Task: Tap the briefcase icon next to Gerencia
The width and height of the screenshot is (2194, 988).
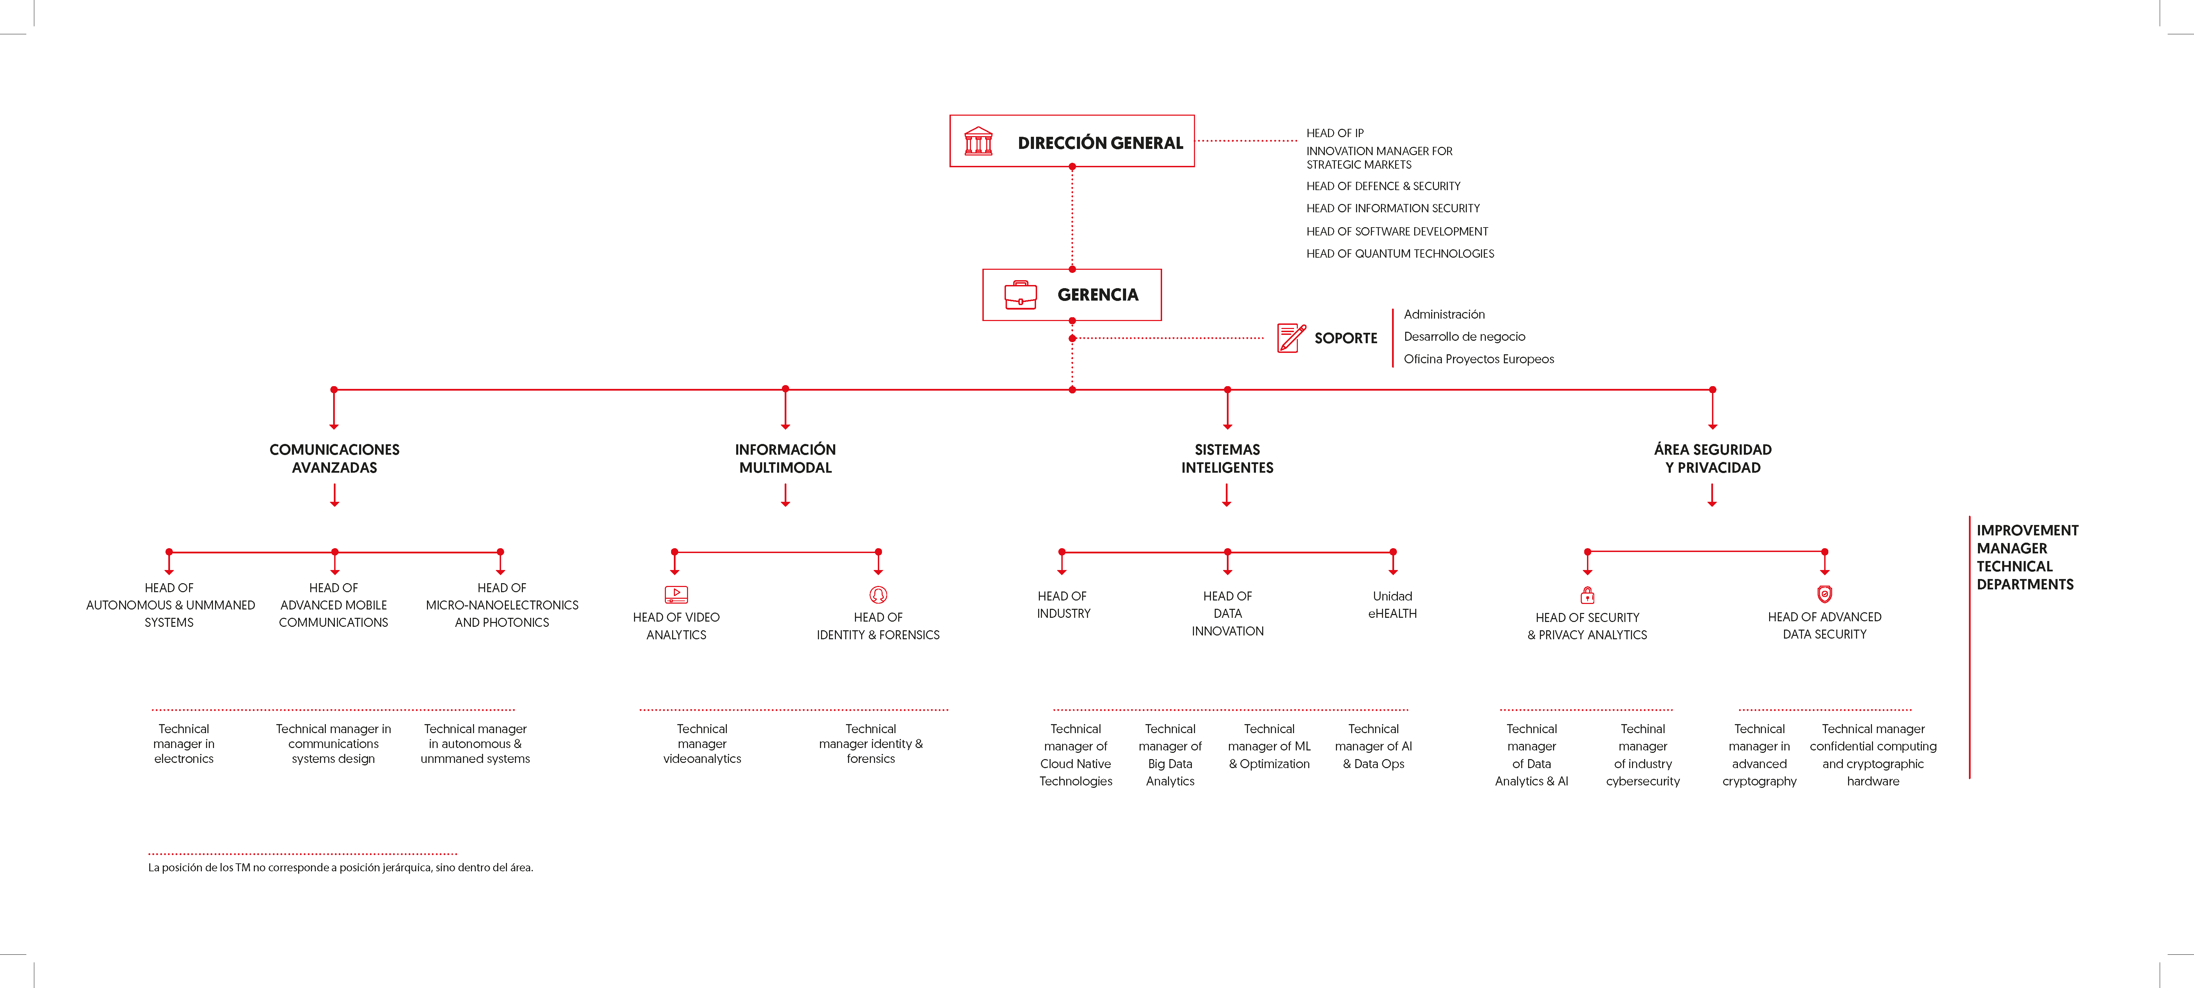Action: [x=1020, y=295]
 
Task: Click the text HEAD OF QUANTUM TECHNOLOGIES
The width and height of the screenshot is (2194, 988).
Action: [x=1400, y=254]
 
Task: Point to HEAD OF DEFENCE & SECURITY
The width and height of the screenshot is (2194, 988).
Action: [x=1383, y=186]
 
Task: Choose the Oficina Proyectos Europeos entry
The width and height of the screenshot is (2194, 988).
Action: [x=1479, y=359]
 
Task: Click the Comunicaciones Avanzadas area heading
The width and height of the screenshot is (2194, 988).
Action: [x=335, y=458]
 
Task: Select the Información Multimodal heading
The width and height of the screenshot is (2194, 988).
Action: [x=785, y=458]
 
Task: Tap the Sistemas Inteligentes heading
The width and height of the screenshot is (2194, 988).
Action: [x=1227, y=458]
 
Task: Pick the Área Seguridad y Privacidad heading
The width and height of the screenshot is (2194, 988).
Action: [x=1713, y=458]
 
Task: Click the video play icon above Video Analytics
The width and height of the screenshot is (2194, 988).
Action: [x=676, y=595]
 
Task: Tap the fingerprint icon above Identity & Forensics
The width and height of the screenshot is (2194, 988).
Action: [x=878, y=595]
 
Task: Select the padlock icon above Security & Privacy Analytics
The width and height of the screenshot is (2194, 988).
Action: [x=1588, y=595]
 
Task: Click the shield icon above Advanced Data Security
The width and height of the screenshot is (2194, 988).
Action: [x=1825, y=594]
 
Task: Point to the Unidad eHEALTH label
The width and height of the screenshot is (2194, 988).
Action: [x=1392, y=605]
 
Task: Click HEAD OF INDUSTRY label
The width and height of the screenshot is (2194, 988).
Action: [x=1063, y=605]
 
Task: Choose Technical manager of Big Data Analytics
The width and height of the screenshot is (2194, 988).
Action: [x=1170, y=755]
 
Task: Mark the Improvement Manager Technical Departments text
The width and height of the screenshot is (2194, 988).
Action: [x=2027, y=557]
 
